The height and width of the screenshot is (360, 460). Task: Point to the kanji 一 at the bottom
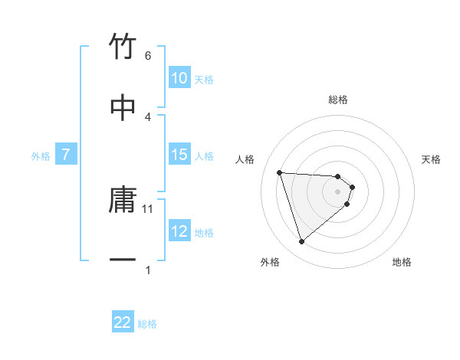pyautogui.click(x=123, y=260)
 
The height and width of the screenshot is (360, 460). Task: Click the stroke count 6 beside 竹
pyautogui.click(x=148, y=56)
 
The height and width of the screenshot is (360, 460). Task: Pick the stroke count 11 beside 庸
pyautogui.click(x=148, y=208)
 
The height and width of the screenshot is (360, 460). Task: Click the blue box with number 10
pyautogui.click(x=179, y=78)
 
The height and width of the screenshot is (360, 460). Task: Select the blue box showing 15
pyautogui.click(x=179, y=155)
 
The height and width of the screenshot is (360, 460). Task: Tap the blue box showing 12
pyautogui.click(x=179, y=231)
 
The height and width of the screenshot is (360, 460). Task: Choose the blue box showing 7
pyautogui.click(x=66, y=155)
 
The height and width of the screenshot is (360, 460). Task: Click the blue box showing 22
pyautogui.click(x=123, y=322)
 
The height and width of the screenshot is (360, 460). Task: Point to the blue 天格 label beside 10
pyautogui.click(x=204, y=79)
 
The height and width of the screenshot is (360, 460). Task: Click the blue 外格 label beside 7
pyautogui.click(x=41, y=155)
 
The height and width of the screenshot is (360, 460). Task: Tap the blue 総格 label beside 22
pyautogui.click(x=147, y=323)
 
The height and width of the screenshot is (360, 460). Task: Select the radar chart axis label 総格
pyautogui.click(x=338, y=100)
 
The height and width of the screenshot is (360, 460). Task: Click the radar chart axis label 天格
pyautogui.click(x=432, y=159)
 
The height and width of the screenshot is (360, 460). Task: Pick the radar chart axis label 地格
pyautogui.click(x=402, y=262)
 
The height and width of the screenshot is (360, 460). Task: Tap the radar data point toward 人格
pyautogui.click(x=280, y=172)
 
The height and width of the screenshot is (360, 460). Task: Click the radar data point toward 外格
pyautogui.click(x=302, y=242)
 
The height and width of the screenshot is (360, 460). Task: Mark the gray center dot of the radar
pyautogui.click(x=338, y=191)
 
